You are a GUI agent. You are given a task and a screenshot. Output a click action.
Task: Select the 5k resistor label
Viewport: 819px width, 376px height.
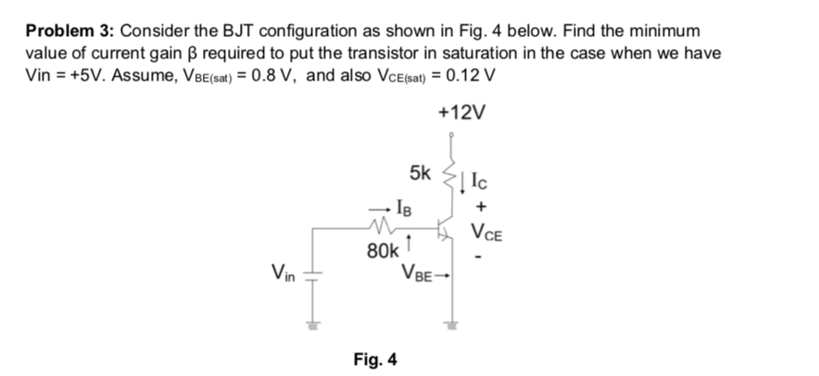(x=420, y=172)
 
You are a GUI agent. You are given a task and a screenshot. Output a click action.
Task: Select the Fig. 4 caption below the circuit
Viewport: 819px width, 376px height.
(x=376, y=358)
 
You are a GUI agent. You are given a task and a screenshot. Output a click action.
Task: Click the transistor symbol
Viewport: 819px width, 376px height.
(x=446, y=230)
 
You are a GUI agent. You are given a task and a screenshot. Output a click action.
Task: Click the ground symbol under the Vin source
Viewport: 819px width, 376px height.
(x=312, y=325)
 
